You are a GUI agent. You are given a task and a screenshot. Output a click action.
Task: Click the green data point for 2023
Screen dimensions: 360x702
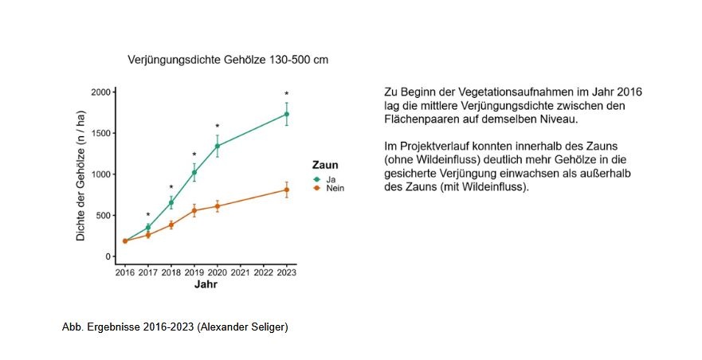(286, 114)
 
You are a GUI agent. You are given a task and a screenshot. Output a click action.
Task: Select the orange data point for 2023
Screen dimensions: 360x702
(286, 190)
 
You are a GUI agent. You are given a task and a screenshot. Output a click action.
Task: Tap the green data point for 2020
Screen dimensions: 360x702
(217, 146)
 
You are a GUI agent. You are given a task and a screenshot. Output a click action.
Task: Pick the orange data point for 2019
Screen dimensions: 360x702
(194, 210)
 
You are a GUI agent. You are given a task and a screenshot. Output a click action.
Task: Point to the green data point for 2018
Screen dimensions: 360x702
(171, 202)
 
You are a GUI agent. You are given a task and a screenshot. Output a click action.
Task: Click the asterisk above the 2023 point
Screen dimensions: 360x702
(286, 94)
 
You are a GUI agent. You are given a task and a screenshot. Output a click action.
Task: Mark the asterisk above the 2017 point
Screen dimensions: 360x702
(147, 215)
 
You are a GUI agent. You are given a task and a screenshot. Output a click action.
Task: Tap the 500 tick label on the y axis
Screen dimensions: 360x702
(103, 216)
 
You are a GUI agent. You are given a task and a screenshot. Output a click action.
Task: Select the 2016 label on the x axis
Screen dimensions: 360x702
(124, 272)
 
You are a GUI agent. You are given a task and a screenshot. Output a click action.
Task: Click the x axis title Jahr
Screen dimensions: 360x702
(206, 284)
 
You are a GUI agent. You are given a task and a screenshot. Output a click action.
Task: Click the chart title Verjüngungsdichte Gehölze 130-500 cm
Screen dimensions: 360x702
(228, 60)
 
